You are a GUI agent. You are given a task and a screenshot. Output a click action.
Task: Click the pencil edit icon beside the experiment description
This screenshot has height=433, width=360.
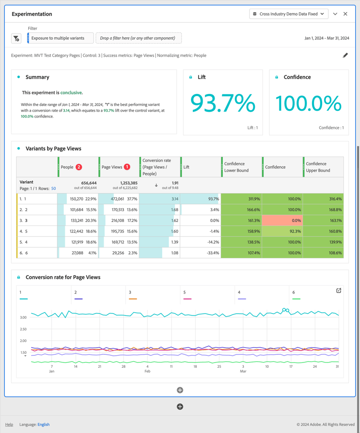[345, 56]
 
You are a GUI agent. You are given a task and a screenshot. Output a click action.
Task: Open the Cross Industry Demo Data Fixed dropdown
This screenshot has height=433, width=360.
[289, 14]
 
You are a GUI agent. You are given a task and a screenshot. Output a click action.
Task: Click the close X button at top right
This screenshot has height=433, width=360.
[345, 14]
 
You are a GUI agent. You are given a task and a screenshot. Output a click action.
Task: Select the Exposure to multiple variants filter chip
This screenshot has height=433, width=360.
[58, 38]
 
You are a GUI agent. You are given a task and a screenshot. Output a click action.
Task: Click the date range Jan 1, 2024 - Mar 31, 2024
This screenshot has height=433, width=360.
[327, 38]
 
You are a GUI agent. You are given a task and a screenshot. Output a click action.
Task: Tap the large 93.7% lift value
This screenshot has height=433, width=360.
[223, 103]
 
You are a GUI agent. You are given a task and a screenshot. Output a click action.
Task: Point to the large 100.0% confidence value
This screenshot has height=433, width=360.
[309, 103]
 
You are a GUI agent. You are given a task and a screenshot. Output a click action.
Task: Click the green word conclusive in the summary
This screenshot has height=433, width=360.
[71, 93]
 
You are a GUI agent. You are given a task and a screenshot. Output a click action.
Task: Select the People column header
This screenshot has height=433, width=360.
[67, 167]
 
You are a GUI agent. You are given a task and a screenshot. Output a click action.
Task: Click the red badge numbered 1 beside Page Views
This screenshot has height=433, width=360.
[127, 167]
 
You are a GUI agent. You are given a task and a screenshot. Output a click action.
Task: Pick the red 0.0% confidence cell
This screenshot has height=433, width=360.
[282, 221]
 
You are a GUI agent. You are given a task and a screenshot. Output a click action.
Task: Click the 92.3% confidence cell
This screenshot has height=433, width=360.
[282, 231]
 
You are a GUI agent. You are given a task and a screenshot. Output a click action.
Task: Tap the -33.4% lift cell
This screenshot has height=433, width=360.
[201, 253]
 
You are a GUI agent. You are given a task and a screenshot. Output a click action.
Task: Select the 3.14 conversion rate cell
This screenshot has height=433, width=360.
[160, 199]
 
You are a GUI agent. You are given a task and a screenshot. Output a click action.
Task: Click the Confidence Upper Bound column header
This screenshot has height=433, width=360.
[323, 167]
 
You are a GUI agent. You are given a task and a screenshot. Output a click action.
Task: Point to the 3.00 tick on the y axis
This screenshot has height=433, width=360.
[23, 317]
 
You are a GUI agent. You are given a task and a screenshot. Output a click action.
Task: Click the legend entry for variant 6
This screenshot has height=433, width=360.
[294, 292]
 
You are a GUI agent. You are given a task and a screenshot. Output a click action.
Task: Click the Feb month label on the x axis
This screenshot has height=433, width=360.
[147, 371]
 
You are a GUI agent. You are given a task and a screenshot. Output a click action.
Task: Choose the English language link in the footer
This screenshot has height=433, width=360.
[43, 424]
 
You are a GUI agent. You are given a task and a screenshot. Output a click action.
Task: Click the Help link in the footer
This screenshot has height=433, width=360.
[9, 424]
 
